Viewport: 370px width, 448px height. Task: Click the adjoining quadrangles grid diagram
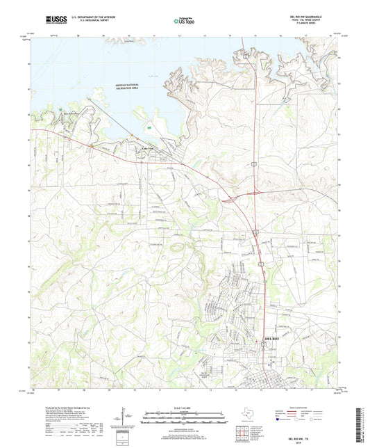pos(241,434)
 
